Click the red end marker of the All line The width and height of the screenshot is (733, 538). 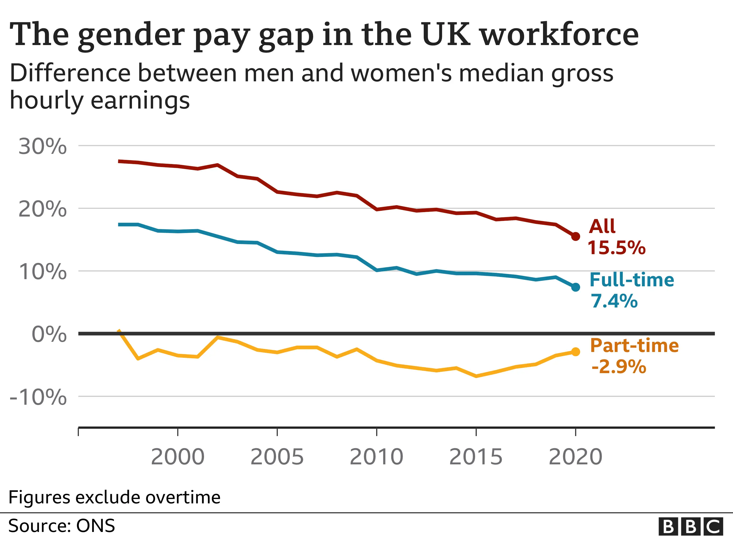click(575, 236)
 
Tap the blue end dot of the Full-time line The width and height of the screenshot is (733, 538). click(575, 287)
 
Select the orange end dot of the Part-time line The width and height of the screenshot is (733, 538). click(575, 352)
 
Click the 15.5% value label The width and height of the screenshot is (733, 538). click(616, 248)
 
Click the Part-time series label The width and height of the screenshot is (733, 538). click(634, 346)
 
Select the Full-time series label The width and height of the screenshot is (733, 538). click(631, 280)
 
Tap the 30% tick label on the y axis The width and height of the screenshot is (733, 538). click(43, 146)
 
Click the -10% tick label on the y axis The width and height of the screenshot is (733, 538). click(38, 397)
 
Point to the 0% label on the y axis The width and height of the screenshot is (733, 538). click(49, 334)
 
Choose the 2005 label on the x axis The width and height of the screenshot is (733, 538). click(277, 457)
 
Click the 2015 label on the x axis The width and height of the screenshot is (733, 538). click(476, 457)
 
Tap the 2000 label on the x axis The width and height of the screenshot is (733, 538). click(178, 457)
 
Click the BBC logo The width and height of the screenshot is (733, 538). click(691, 526)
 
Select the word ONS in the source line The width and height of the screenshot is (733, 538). click(95, 526)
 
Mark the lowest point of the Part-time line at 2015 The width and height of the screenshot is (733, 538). click(476, 376)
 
